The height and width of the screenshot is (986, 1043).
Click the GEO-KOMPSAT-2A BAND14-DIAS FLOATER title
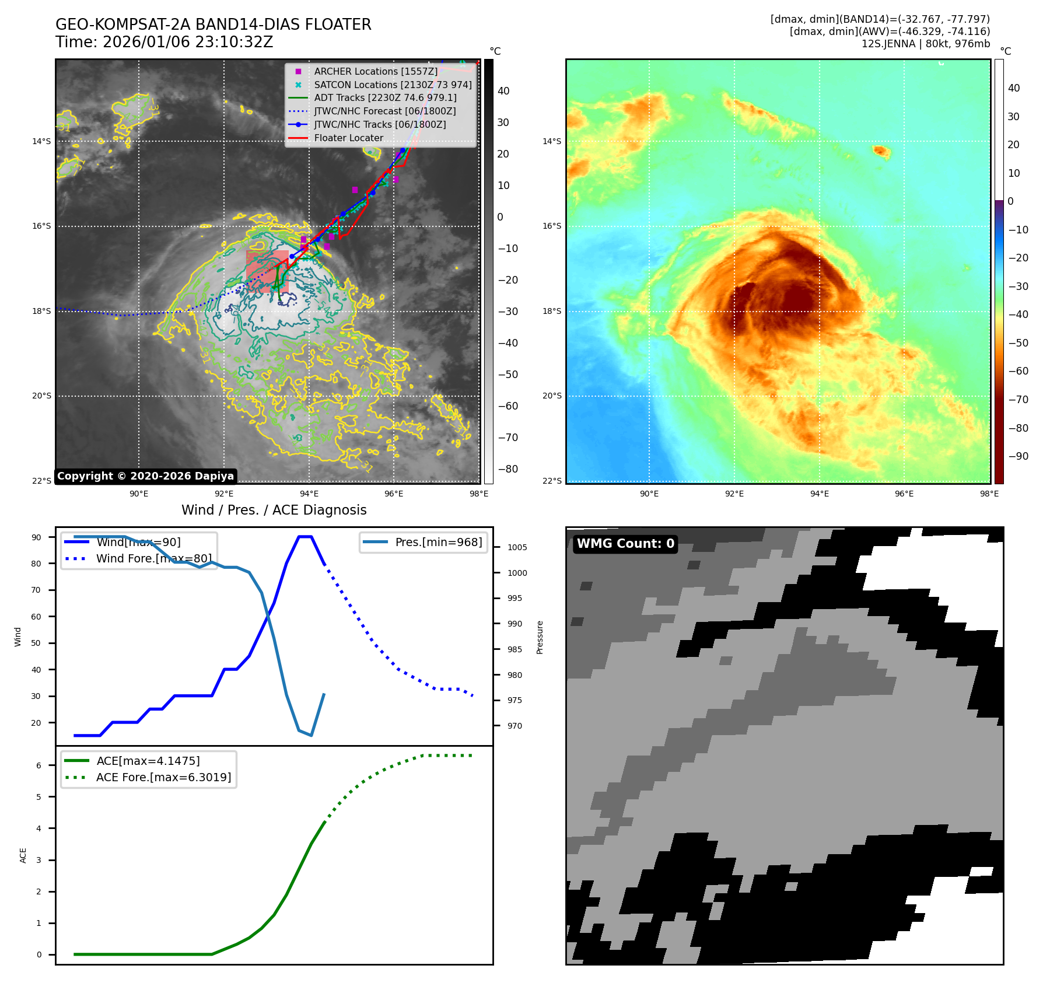(x=213, y=25)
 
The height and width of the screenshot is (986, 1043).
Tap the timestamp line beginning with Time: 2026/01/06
(x=164, y=42)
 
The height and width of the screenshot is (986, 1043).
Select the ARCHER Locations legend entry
(x=375, y=71)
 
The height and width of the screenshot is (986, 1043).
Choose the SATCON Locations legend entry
(x=393, y=85)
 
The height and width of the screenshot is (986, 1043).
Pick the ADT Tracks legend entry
(x=385, y=98)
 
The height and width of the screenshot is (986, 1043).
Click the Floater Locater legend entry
(x=348, y=138)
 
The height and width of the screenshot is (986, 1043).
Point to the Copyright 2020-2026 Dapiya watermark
(x=145, y=476)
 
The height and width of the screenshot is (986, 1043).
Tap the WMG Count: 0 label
(x=625, y=544)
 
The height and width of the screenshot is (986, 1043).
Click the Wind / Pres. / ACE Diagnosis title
(x=274, y=510)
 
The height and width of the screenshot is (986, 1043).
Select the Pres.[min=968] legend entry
(x=438, y=542)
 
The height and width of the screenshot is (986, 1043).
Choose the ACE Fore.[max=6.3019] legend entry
(x=163, y=777)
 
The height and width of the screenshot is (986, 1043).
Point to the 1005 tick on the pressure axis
(x=517, y=547)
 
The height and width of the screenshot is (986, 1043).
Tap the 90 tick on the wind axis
(x=37, y=537)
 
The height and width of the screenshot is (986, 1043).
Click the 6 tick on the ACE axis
(x=39, y=765)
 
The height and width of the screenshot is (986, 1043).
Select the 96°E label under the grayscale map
(x=394, y=494)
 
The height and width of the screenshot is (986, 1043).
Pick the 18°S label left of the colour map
(x=552, y=311)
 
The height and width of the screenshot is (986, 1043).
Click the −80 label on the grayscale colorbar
(x=508, y=469)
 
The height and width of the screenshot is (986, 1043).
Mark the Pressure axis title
(x=540, y=637)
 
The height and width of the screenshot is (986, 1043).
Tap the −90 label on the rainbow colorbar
(x=1018, y=456)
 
